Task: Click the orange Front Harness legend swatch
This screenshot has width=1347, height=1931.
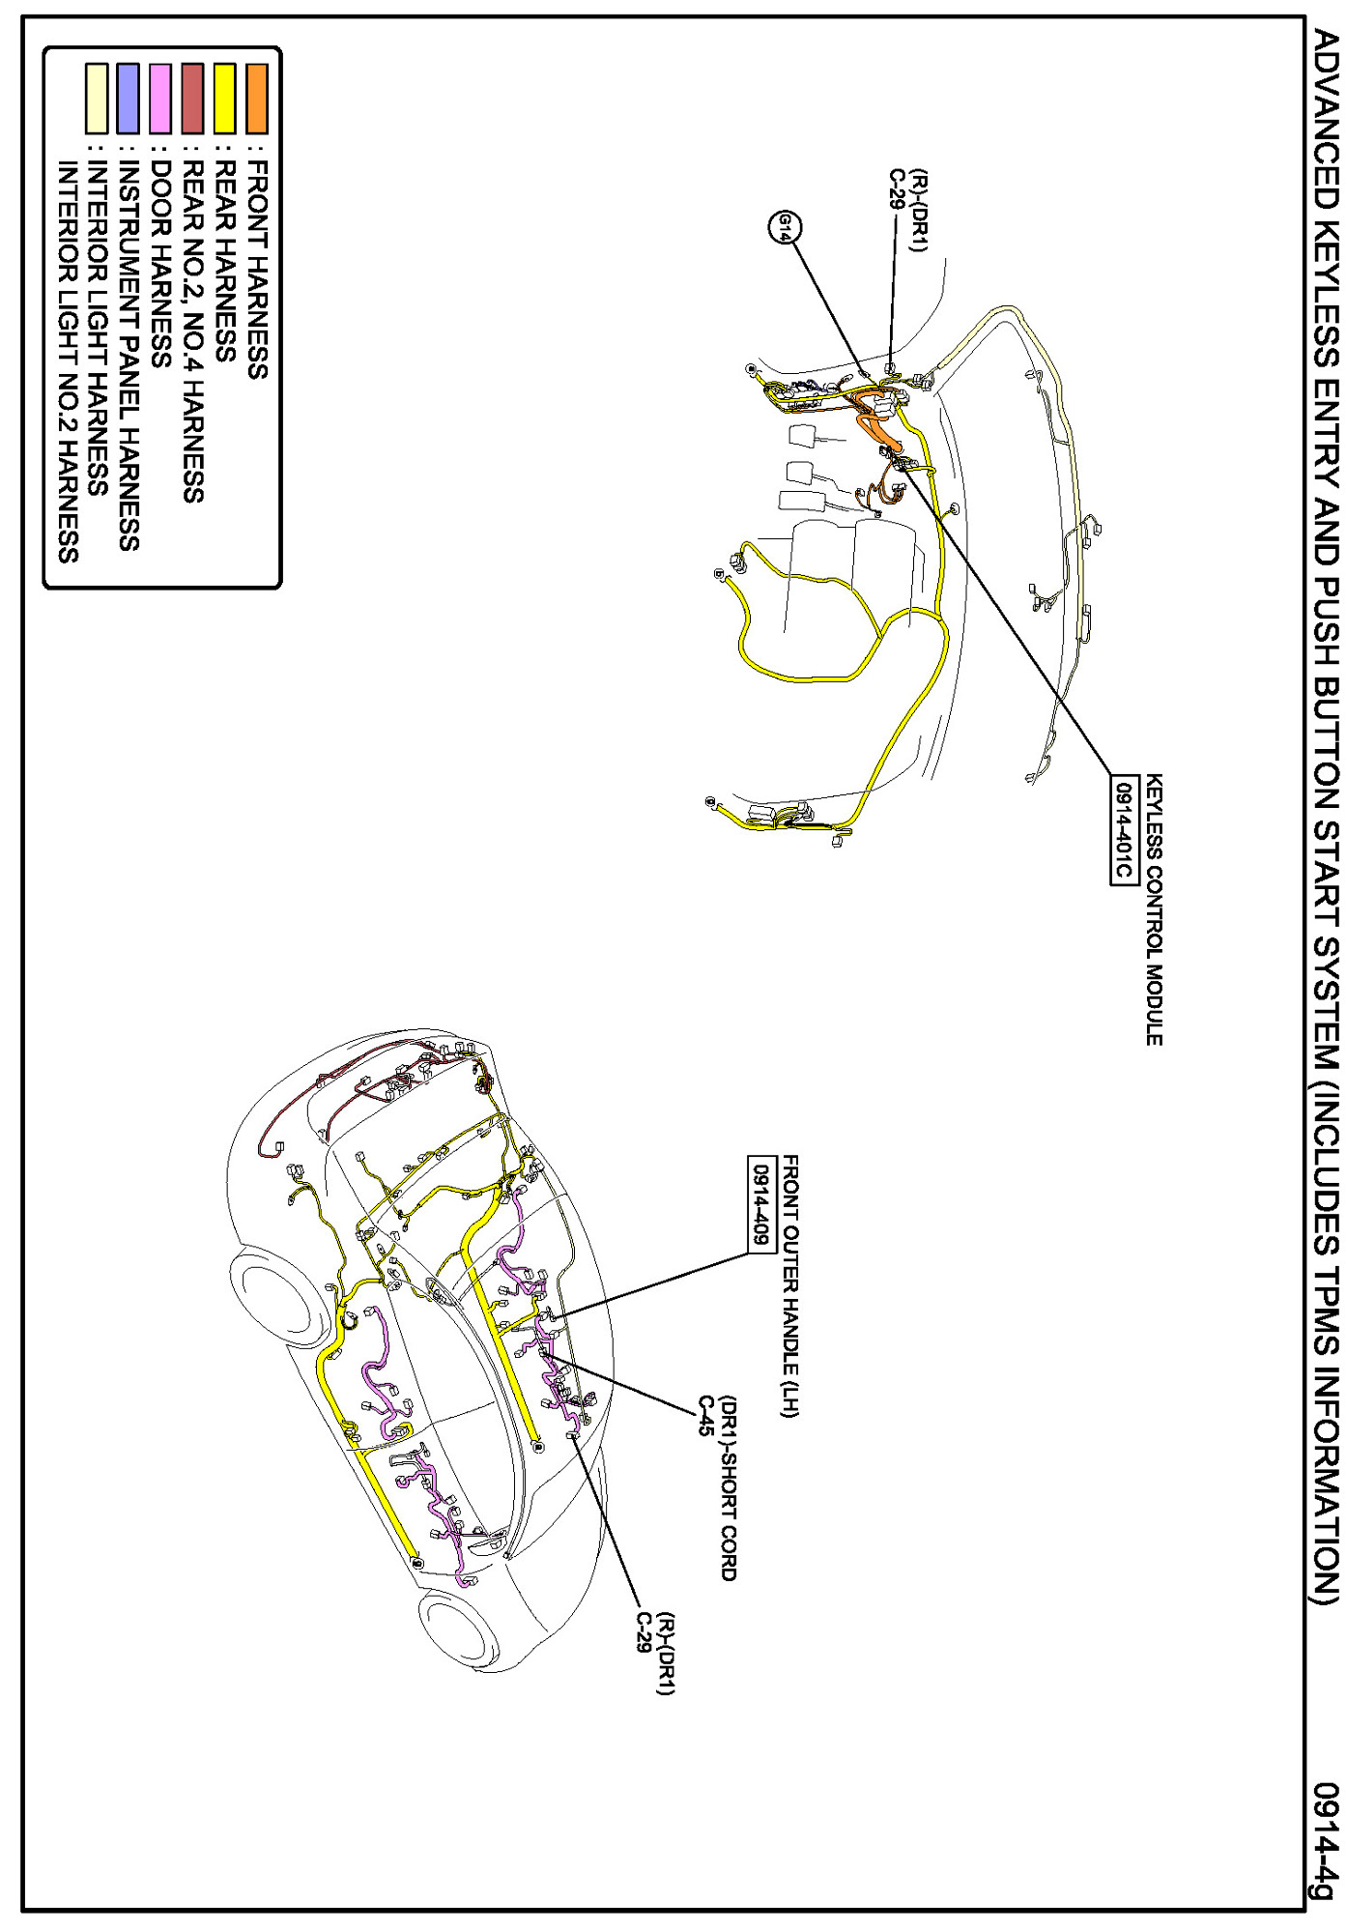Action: point(256,98)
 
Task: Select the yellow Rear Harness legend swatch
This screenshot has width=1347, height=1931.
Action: point(224,98)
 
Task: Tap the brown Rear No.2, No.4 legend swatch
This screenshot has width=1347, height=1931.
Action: point(192,98)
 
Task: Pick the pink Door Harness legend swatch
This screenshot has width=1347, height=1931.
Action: point(160,98)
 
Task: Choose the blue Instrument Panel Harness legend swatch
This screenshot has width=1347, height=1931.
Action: point(128,98)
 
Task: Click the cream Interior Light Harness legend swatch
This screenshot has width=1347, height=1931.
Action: point(96,98)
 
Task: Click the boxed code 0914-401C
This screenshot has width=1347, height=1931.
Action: point(1122,829)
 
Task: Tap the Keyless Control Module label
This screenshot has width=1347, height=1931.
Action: point(1154,909)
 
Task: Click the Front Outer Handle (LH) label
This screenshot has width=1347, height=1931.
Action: point(790,1286)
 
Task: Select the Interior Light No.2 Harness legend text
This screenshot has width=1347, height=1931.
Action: point(67,361)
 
